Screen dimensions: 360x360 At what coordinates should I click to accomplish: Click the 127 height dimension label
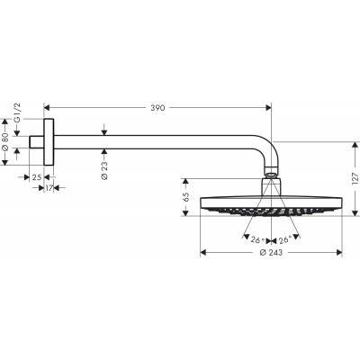pos(355,176)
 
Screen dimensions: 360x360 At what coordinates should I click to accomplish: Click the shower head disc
pos(272,206)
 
